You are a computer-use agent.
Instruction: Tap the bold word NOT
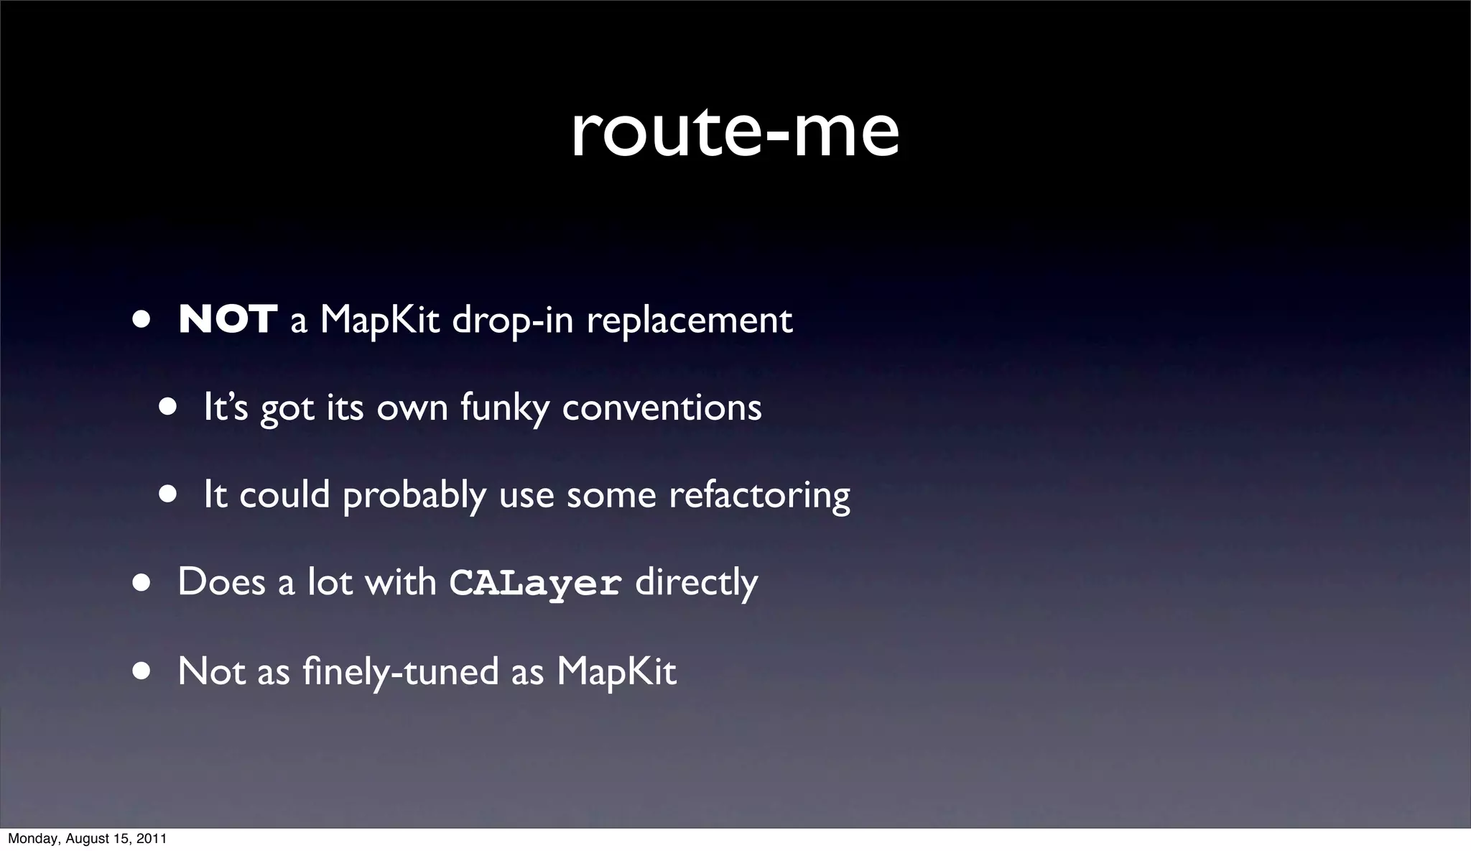click(228, 320)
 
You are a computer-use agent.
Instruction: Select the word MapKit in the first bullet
click(379, 320)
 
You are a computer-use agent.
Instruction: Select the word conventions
click(662, 408)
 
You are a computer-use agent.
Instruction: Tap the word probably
click(414, 496)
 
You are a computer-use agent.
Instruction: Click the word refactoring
click(759, 496)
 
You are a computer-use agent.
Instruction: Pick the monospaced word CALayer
click(535, 583)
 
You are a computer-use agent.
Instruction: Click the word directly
click(696, 583)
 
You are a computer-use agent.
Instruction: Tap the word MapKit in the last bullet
click(616, 671)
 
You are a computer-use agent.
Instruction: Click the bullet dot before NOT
click(141, 319)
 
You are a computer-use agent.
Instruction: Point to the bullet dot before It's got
click(167, 407)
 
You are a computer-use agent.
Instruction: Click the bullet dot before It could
click(167, 494)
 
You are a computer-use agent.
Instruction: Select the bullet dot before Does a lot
click(141, 583)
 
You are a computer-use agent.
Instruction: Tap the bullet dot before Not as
click(141, 671)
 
